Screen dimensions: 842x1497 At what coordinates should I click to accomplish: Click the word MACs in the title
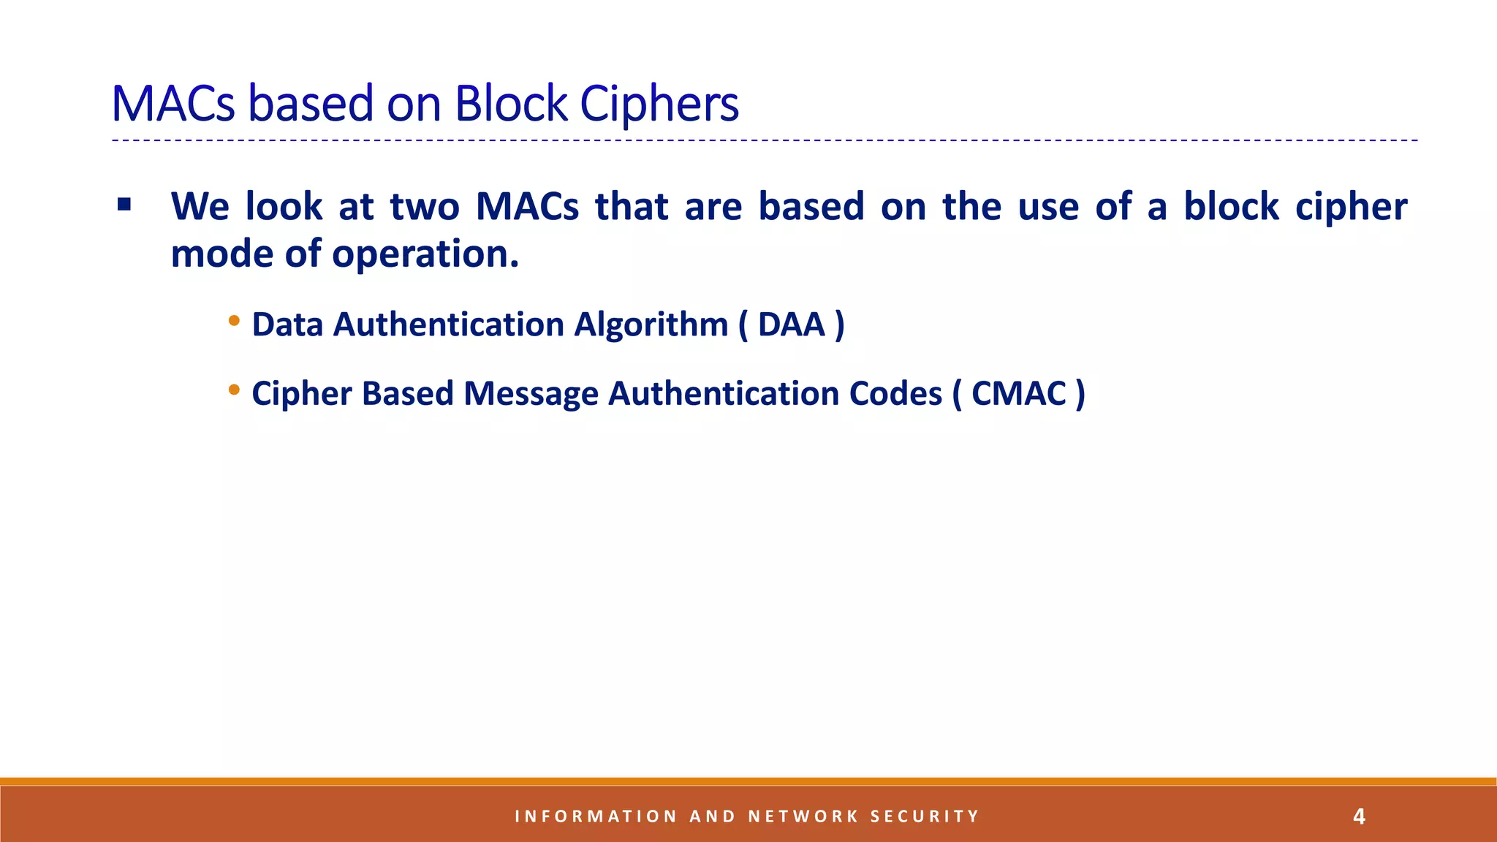coord(173,104)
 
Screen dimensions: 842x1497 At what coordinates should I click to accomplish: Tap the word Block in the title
coord(511,104)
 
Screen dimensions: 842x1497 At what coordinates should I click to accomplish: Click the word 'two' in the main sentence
coord(425,206)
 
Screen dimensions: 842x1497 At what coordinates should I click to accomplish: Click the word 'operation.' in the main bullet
coord(425,255)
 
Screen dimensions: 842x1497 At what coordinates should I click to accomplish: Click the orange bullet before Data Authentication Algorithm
coord(234,321)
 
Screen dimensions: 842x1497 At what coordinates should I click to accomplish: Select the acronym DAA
coord(792,325)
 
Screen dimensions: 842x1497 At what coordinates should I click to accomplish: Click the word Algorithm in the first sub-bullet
coord(651,325)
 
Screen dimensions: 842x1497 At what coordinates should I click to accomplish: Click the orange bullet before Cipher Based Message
coord(234,390)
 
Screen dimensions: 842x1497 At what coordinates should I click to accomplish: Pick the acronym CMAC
coord(1019,394)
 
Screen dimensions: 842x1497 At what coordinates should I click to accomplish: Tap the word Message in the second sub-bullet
coord(531,394)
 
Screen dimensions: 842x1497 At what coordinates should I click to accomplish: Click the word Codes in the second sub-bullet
coord(895,394)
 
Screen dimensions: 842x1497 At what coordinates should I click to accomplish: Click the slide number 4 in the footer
coord(1359,816)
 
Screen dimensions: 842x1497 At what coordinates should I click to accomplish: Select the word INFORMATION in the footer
coord(596,816)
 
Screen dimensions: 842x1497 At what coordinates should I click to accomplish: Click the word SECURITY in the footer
coord(924,816)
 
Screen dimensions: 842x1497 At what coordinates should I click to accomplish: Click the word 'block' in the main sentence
coord(1231,206)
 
